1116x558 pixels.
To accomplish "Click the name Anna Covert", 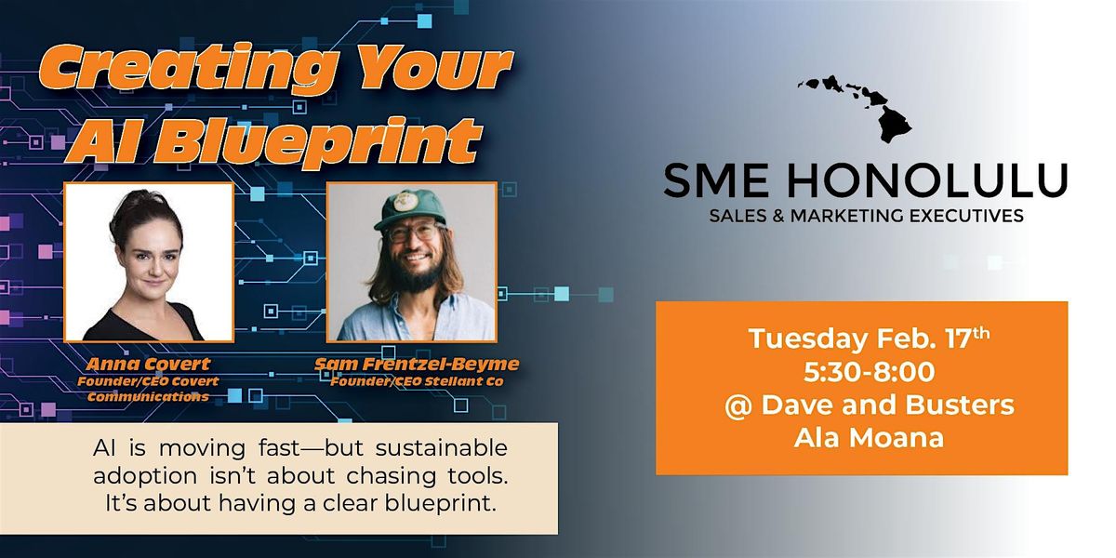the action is (148, 365).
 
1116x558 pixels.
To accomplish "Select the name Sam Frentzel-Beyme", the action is (417, 365).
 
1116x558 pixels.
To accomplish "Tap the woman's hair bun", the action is (143, 205).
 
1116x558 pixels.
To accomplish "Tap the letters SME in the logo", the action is (716, 179).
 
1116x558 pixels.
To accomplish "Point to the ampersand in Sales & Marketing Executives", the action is (779, 216).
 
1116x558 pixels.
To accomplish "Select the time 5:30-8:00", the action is (869, 372).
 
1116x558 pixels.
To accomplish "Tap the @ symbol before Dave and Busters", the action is (738, 405).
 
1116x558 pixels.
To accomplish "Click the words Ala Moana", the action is (869, 438).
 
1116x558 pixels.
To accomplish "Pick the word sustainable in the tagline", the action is (442, 448).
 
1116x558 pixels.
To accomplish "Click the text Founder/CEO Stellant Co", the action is (417, 382).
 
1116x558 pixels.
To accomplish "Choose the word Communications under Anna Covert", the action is (148, 397).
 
